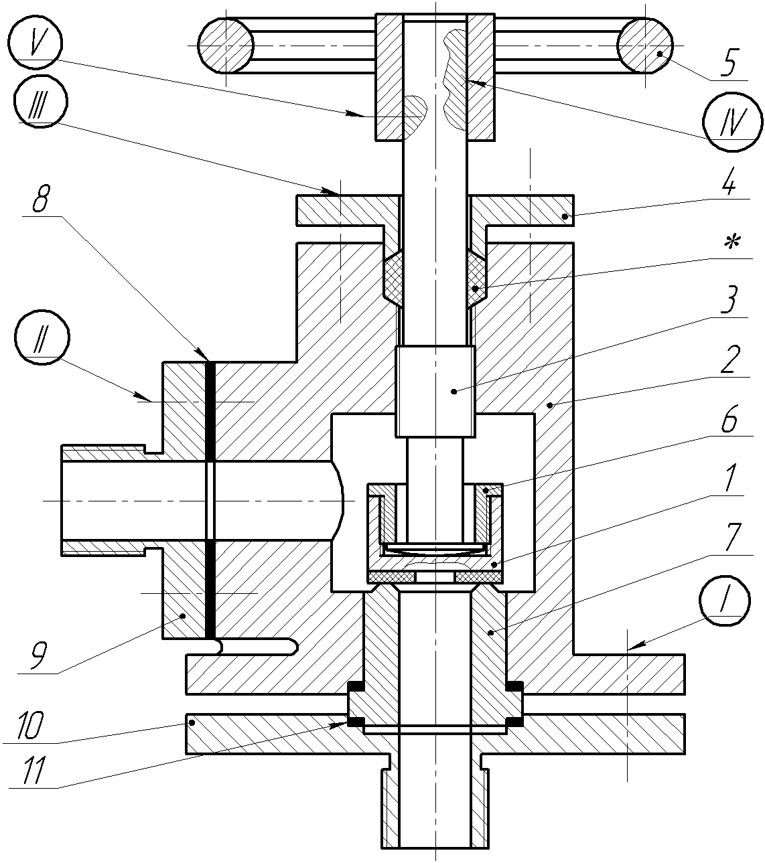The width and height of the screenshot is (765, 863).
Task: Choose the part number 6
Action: coord(730,420)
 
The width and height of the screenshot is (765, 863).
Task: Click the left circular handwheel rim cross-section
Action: coord(226,45)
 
